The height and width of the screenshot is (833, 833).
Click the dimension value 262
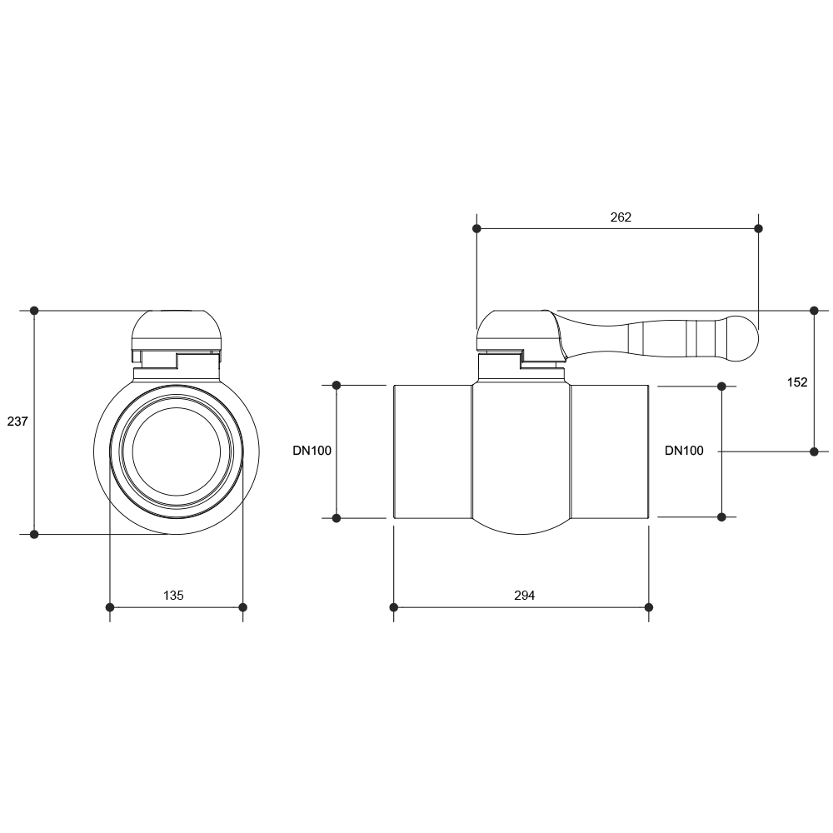621,217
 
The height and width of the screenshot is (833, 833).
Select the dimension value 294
524,596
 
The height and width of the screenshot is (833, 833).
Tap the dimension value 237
17,421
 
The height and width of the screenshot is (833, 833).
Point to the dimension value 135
173,596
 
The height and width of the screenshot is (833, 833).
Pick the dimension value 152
797,382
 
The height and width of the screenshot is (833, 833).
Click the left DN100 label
312,451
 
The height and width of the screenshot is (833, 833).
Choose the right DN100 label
684,451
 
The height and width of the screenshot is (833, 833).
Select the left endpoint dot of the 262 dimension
476,228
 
